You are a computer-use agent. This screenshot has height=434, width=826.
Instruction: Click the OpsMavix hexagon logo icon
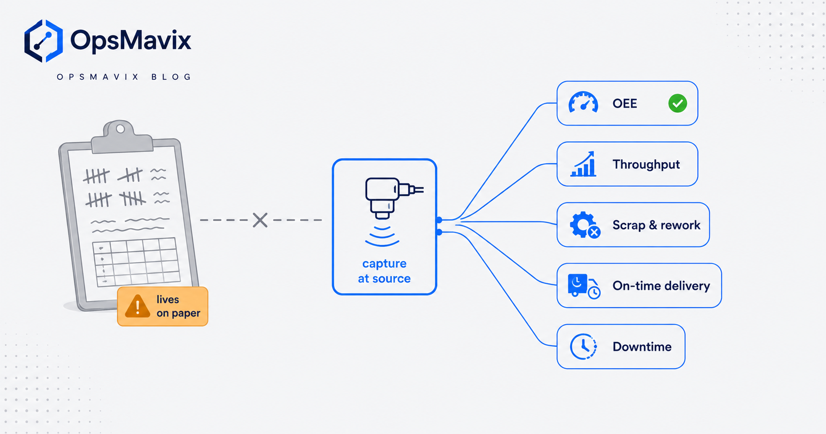tap(43, 41)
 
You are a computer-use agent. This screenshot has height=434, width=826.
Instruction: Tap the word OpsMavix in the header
tap(131, 40)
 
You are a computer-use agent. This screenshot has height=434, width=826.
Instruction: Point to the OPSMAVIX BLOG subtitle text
tap(124, 77)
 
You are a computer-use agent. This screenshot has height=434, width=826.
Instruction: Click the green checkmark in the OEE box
tap(678, 103)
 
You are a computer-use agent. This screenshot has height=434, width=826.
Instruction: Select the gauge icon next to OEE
tap(583, 102)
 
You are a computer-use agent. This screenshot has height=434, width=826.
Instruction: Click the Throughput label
tap(646, 164)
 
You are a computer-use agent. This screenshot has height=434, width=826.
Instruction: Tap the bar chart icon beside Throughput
tap(583, 164)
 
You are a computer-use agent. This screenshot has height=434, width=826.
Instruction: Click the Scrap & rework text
tap(656, 225)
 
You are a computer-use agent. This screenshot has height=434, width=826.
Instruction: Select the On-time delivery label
tap(661, 286)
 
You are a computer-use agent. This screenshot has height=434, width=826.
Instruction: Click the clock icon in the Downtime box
tap(583, 347)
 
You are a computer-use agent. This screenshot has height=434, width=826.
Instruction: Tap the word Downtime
tap(642, 347)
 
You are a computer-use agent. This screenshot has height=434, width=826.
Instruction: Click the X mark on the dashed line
tap(260, 220)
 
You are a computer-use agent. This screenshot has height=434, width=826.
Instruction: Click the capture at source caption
tap(384, 271)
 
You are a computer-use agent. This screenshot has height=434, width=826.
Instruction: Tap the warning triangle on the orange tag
tap(137, 306)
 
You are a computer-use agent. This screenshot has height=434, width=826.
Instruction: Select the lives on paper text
tap(178, 306)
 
